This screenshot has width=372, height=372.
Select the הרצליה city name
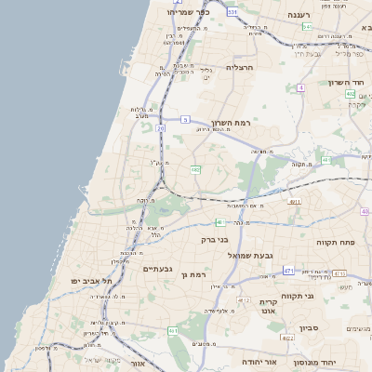240,68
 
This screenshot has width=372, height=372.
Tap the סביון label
311,328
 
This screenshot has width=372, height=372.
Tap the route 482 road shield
195,170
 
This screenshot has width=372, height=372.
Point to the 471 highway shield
289,271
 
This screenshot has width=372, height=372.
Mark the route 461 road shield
173,331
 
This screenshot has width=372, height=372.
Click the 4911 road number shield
295,201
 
